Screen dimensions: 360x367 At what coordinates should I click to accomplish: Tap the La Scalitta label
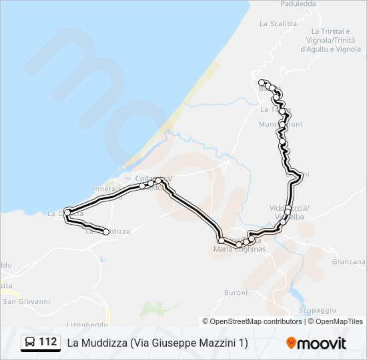tap(278, 23)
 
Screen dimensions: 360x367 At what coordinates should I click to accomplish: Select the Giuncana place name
tap(352, 262)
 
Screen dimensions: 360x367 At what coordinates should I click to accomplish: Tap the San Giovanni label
tap(27, 301)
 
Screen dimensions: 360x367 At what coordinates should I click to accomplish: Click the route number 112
tap(48, 342)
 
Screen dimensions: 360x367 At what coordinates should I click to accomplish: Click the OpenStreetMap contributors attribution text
tap(256, 321)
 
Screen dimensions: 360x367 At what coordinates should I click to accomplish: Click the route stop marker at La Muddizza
tap(106, 232)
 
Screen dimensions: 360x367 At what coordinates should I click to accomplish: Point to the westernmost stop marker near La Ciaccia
tap(67, 213)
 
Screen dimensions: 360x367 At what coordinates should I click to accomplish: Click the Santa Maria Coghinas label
tap(239, 249)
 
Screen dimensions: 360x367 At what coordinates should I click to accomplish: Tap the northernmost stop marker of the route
tap(262, 82)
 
